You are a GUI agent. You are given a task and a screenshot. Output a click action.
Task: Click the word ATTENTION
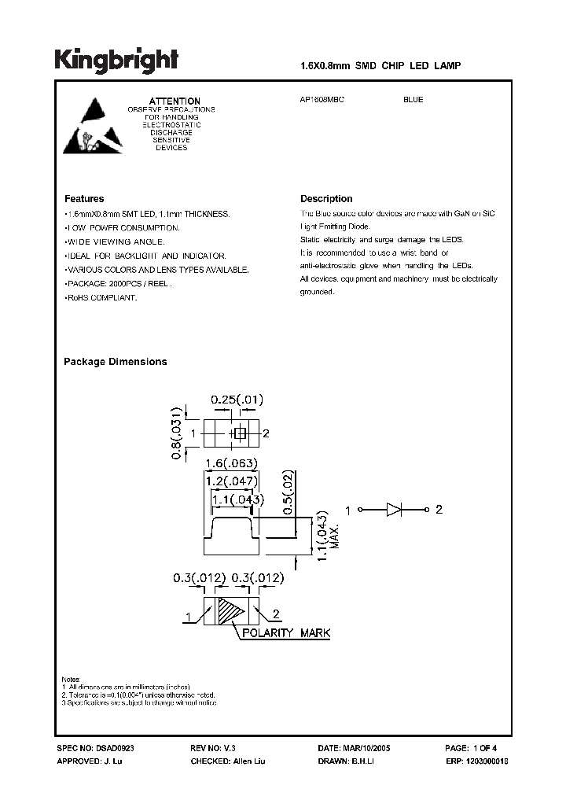(x=175, y=101)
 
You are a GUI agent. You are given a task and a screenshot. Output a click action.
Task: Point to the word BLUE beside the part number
(x=413, y=101)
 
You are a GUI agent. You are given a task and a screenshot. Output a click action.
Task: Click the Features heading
(x=84, y=199)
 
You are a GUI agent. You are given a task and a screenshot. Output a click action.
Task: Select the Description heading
(x=326, y=199)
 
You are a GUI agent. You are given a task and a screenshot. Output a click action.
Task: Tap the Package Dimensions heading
(x=115, y=362)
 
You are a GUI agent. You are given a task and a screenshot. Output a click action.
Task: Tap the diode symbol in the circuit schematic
(x=395, y=510)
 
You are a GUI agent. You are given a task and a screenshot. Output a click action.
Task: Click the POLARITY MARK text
(x=286, y=633)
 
